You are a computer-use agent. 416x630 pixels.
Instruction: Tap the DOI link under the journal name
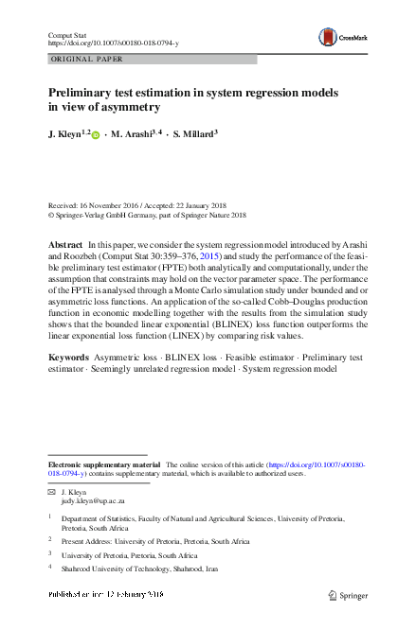click(113, 44)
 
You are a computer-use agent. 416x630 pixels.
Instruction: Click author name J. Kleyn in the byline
click(67, 134)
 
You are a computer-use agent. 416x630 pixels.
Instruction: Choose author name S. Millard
click(192, 134)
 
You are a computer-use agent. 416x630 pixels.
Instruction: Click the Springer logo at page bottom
click(347, 595)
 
